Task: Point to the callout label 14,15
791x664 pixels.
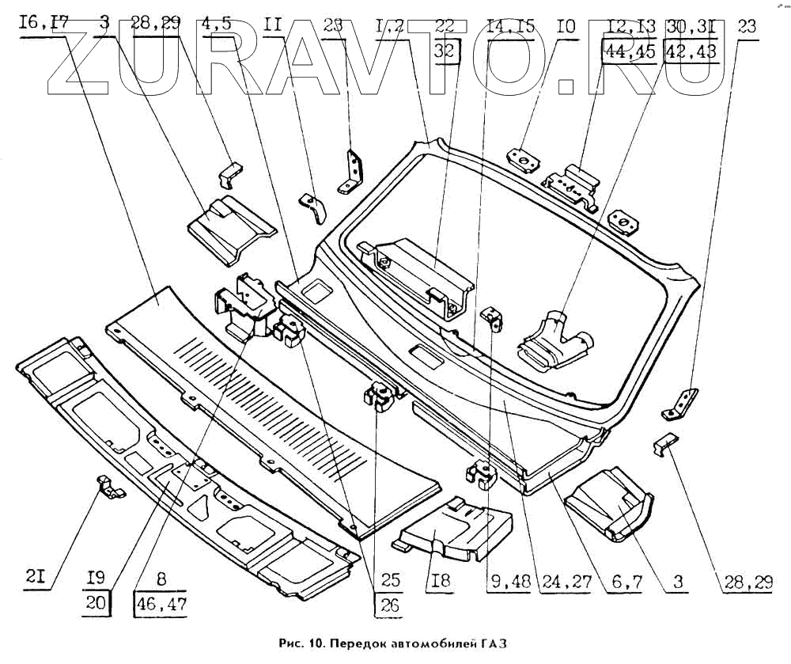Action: click(x=510, y=25)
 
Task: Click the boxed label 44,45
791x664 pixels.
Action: click(x=630, y=52)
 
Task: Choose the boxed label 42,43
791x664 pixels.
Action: click(x=691, y=52)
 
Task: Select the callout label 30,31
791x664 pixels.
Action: click(x=691, y=25)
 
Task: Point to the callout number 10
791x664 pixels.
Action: click(x=564, y=25)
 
